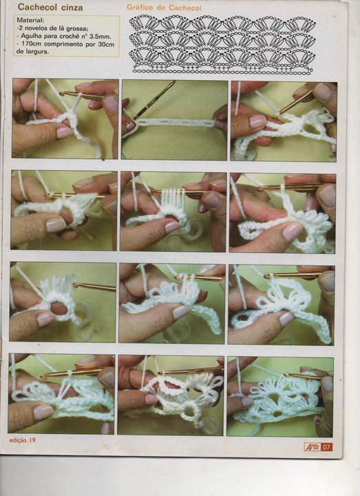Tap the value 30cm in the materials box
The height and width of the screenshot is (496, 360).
click(106, 44)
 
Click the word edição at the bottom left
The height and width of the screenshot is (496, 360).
click(18, 440)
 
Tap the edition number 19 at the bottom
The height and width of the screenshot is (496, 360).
click(32, 440)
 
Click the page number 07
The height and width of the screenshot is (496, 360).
click(327, 447)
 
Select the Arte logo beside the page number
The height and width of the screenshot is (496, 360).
click(313, 447)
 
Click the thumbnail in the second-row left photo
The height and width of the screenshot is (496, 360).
click(56, 225)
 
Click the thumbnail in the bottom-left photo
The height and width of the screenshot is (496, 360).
click(43, 413)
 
